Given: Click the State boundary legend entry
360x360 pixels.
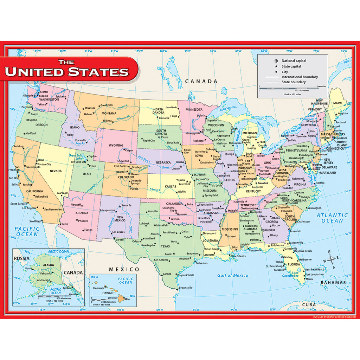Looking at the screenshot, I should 294,82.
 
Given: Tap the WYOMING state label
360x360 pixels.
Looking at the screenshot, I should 116,145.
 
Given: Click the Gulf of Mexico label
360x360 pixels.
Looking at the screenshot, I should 232,275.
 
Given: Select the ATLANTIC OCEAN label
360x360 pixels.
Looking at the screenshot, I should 332,218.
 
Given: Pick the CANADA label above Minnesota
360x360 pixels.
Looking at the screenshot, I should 201,81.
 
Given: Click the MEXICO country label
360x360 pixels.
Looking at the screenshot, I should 124,269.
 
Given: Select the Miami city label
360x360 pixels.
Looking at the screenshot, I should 309,279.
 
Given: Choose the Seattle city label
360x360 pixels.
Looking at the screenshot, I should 43,92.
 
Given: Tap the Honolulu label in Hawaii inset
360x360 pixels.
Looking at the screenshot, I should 99,287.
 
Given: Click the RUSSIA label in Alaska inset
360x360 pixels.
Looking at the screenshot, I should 22,258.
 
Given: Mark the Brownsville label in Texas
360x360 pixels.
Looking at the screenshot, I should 186,288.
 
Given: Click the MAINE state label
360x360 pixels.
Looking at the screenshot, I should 337,103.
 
